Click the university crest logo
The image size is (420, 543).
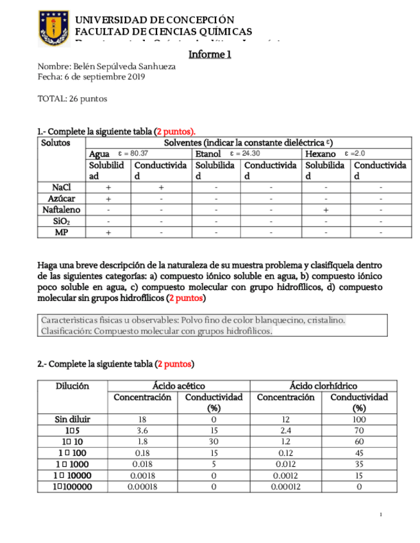point(54,28)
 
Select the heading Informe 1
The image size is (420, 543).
point(210,54)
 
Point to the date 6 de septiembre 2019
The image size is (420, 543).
point(105,77)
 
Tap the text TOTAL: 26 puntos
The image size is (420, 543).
point(72,99)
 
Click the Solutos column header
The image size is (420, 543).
point(55,143)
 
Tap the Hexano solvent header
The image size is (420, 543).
point(321,154)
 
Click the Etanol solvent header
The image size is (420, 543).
point(208,154)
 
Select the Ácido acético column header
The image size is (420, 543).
point(178,386)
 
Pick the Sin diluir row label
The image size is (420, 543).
point(72,419)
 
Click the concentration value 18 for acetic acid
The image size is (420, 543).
point(142,419)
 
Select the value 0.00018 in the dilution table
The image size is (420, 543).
point(142,487)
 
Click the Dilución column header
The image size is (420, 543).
point(72,386)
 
